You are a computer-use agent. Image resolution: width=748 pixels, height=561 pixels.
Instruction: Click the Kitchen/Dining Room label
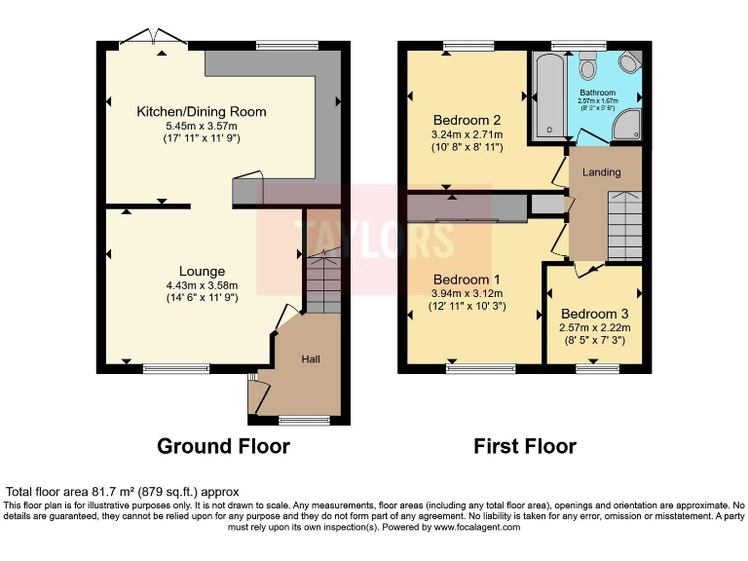click(202, 112)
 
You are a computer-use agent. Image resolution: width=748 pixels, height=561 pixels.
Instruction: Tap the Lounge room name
click(202, 271)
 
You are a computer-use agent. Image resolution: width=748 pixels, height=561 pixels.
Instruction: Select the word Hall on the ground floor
click(311, 359)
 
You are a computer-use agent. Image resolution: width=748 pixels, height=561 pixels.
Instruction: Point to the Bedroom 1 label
click(467, 277)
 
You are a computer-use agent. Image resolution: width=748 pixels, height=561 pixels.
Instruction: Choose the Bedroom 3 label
click(594, 314)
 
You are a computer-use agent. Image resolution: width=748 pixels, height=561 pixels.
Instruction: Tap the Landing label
click(601, 172)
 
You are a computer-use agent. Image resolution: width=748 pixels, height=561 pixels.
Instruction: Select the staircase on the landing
click(623, 224)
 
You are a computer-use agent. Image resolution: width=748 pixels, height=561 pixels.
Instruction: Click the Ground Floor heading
click(224, 446)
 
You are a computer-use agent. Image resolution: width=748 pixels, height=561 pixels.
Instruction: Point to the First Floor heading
click(525, 446)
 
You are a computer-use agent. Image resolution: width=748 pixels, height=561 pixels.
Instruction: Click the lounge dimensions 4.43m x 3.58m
click(202, 285)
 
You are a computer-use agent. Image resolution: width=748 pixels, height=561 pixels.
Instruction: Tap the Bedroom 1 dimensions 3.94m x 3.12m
click(467, 292)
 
